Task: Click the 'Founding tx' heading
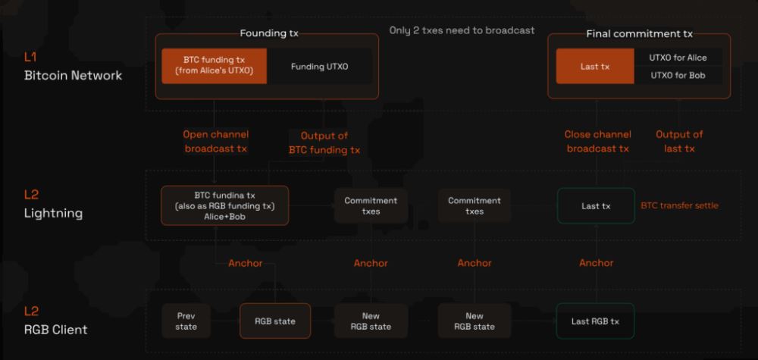point(269,33)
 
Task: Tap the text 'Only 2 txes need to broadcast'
point(462,30)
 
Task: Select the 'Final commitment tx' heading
point(639,33)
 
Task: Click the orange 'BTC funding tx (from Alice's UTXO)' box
point(214,66)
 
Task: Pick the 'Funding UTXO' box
point(320,67)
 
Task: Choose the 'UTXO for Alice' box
point(677,57)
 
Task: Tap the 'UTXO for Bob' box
point(677,75)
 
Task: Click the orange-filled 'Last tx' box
point(595,66)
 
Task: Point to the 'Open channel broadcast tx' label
point(216,142)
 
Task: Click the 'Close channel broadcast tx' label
point(597,142)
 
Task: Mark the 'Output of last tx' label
point(679,142)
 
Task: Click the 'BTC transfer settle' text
point(679,205)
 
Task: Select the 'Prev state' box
point(186,321)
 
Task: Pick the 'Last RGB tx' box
point(595,321)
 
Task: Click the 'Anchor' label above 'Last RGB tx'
point(597,263)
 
